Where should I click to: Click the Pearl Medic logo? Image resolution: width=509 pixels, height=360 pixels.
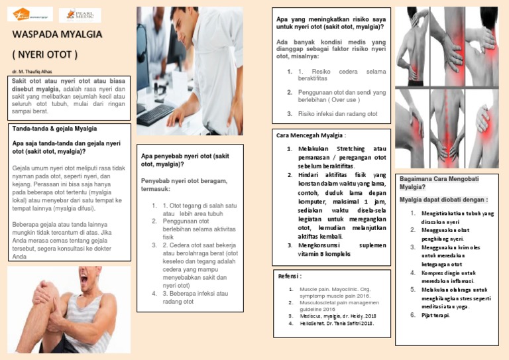coord(80,15)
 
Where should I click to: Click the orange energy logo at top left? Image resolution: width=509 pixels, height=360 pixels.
coord(30,15)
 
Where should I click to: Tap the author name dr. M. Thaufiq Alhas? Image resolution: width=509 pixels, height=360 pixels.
coord(32,71)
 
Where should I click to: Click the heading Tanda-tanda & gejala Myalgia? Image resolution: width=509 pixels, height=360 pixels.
coord(55,128)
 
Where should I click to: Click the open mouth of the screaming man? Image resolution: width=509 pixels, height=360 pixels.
coord(94,286)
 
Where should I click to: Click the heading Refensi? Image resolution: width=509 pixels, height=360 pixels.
coord(291,276)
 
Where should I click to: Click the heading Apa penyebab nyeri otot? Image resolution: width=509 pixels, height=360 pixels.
coord(185,160)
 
